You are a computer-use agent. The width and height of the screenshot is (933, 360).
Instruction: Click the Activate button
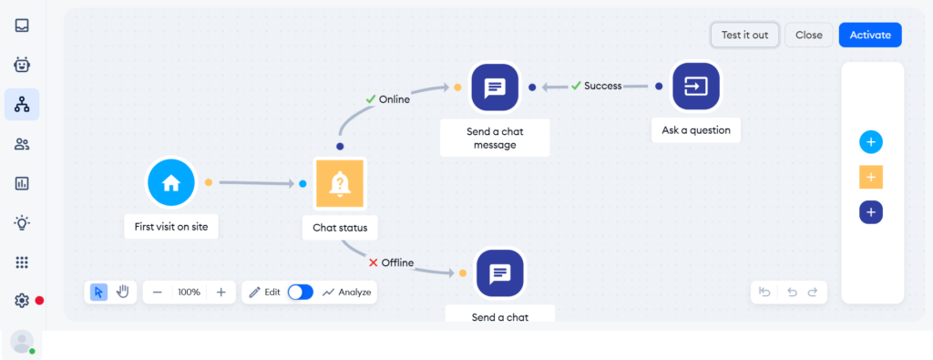[870, 35]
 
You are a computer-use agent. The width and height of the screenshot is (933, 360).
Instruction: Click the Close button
[808, 35]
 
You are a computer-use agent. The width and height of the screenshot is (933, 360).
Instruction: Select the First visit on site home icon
[171, 182]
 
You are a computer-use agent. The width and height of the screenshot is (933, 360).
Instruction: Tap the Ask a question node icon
[696, 86]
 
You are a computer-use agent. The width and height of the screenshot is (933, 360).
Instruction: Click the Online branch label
[387, 99]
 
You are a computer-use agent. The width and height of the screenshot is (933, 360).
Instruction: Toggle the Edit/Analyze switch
[300, 292]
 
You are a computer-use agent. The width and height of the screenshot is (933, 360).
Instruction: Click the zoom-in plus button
[220, 292]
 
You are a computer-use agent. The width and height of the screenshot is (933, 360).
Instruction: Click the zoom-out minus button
[158, 292]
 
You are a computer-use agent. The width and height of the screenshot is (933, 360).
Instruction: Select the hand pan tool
[122, 292]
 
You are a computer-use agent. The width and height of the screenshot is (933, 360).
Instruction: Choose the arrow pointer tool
[99, 292]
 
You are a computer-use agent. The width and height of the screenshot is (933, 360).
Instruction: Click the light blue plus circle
[871, 142]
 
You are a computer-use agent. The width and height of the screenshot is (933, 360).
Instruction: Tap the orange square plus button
[871, 177]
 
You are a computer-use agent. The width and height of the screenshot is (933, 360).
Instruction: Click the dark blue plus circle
[871, 212]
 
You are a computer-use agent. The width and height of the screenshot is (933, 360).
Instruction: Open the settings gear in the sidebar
[22, 300]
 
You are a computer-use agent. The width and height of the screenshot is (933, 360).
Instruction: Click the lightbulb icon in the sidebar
[22, 222]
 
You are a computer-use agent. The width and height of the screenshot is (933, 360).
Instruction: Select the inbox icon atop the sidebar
[22, 25]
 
